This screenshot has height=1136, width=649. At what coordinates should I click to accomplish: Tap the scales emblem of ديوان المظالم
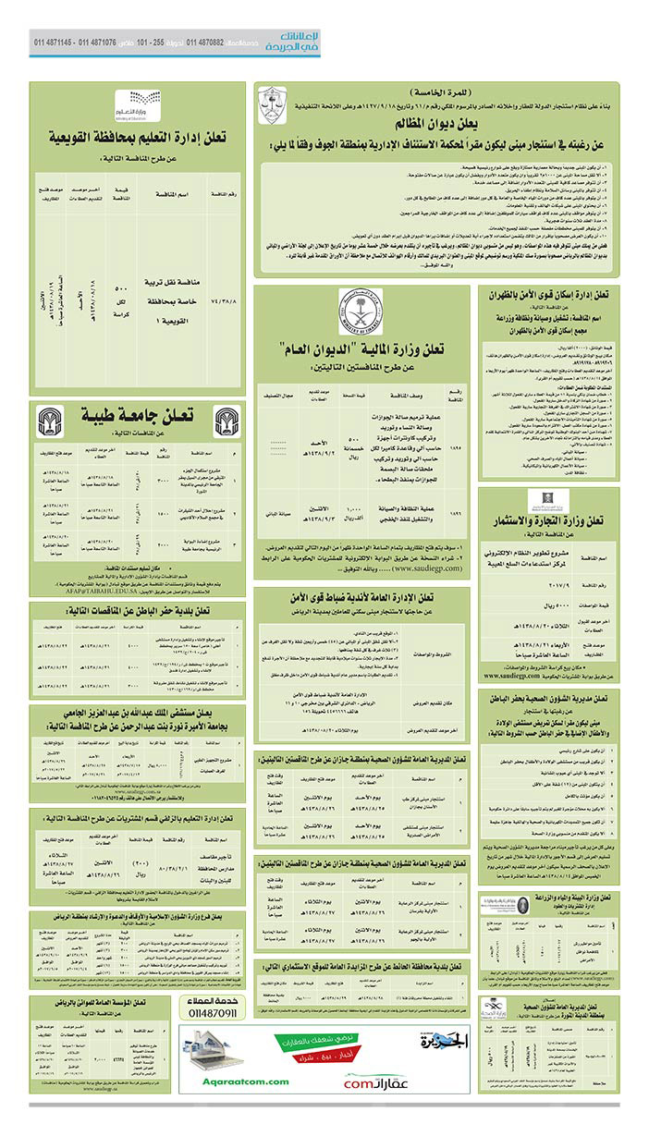[x=270, y=104]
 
